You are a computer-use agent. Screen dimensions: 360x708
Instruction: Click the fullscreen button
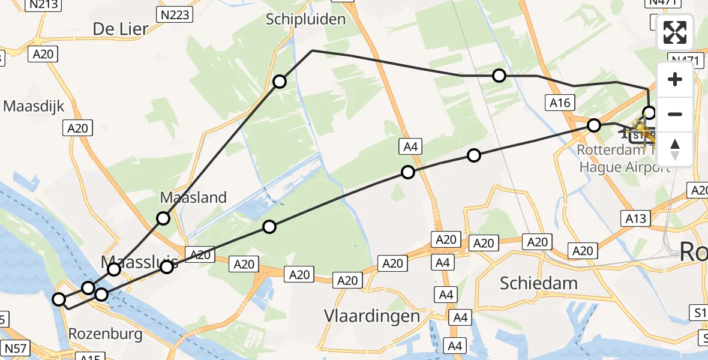point(675,32)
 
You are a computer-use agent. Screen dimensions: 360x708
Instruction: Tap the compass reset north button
point(675,149)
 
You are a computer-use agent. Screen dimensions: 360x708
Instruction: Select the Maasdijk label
point(34,106)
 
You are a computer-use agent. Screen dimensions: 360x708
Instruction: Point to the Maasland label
point(193,197)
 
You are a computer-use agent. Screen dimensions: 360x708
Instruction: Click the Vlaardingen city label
point(371,316)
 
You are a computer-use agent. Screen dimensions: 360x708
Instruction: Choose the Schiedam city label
point(538,283)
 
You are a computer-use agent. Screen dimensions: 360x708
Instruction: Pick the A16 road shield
point(559,103)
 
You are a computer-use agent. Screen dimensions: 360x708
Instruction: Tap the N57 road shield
point(16,348)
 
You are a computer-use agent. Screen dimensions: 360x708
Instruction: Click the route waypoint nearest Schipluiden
point(280,81)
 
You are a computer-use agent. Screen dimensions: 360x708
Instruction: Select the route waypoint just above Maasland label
point(163,218)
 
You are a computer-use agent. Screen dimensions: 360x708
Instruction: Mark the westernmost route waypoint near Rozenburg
point(59,299)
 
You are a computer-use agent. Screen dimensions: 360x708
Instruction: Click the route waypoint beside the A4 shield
point(408,172)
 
